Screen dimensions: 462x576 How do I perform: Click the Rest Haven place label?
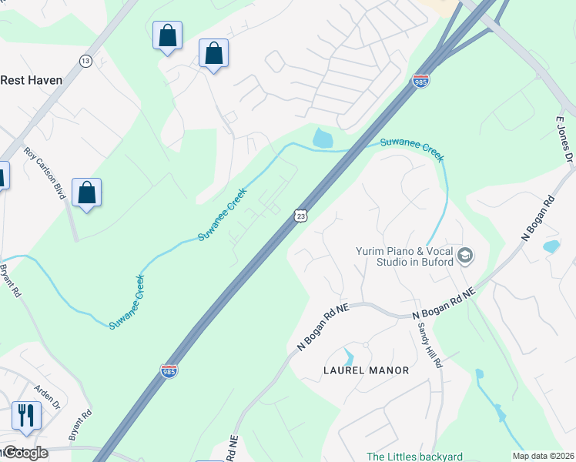[31, 79]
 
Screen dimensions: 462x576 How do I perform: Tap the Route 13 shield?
[85, 61]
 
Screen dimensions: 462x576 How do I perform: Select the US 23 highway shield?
[300, 217]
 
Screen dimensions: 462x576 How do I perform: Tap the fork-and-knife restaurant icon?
[26, 415]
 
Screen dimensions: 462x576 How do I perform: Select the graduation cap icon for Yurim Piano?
[464, 255]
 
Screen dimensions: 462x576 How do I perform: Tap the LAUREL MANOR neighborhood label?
[365, 370]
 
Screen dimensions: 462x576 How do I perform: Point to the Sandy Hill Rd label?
[428, 343]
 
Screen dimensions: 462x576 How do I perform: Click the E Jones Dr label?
[565, 139]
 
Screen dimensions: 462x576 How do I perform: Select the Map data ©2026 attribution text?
[544, 456]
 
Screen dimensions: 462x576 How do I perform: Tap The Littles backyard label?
[414, 457]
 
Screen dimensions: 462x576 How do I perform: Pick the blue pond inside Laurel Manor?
[349, 357]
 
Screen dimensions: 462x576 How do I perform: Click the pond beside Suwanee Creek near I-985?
[323, 139]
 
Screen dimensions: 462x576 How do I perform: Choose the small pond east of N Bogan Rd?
[551, 247]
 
